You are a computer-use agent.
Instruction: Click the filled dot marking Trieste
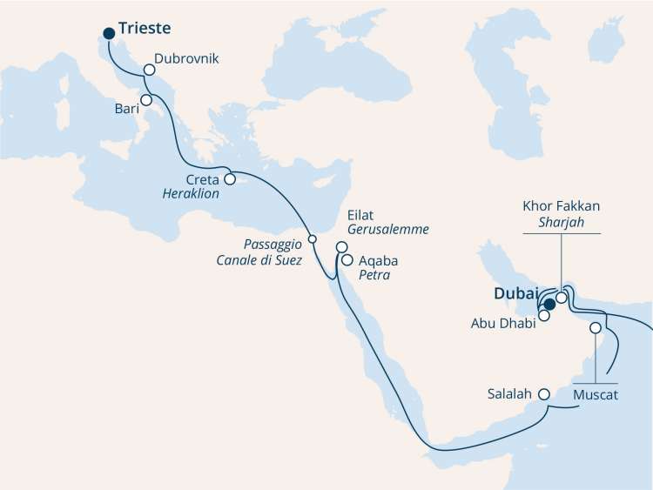(109, 34)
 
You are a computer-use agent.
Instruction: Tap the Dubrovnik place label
(185, 60)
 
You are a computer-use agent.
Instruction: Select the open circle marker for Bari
(147, 100)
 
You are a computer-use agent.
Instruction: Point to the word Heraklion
(191, 194)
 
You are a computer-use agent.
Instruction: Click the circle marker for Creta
(230, 179)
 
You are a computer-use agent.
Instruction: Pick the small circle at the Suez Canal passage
(312, 238)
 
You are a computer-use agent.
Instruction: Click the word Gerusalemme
(387, 228)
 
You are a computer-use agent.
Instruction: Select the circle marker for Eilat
(341, 247)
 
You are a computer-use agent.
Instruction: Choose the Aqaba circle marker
(347, 259)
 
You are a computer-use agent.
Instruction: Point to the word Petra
(374, 275)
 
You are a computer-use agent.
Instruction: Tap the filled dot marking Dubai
(549, 304)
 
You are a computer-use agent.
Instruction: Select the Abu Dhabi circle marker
(544, 316)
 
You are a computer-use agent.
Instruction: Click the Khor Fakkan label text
(562, 209)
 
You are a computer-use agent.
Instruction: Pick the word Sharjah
(562, 225)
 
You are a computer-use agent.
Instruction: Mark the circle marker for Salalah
(545, 394)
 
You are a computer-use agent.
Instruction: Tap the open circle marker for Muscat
(596, 329)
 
